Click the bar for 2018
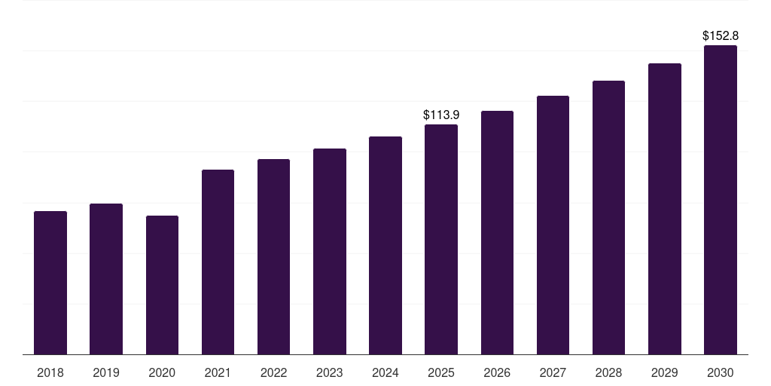(x=50, y=283)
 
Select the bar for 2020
(x=162, y=285)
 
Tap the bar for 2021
(x=218, y=262)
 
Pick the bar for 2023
(x=330, y=251)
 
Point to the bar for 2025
(x=441, y=239)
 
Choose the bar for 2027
(x=553, y=225)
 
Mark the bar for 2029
(x=665, y=209)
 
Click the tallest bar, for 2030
(x=721, y=200)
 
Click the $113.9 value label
(x=441, y=115)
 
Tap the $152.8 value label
(x=721, y=36)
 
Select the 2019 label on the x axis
(x=106, y=372)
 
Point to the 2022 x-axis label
(x=274, y=372)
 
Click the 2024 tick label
(x=385, y=372)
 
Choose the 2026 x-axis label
(x=497, y=372)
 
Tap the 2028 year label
(x=608, y=372)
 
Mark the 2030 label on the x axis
(x=721, y=372)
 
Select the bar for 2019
(x=106, y=279)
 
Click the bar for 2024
(x=385, y=245)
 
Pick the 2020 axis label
(x=162, y=372)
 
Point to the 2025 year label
(x=441, y=372)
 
